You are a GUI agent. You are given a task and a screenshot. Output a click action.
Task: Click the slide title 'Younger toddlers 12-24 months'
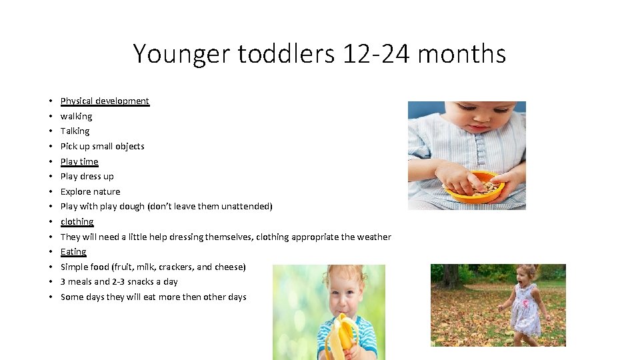[319, 53]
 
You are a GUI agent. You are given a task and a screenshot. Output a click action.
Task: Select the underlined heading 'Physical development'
[105, 101]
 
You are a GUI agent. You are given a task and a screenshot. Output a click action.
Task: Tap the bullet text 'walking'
[76, 116]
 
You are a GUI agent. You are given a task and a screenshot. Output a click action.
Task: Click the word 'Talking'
[75, 131]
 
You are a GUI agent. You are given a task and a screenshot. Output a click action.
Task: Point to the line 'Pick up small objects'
[102, 147]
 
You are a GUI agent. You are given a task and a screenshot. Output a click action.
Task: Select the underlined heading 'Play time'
[79, 161]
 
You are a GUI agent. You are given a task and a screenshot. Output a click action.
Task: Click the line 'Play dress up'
[87, 177]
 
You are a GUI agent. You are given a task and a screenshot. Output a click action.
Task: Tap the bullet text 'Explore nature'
[90, 192]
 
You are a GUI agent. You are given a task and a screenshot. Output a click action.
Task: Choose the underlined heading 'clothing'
[77, 222]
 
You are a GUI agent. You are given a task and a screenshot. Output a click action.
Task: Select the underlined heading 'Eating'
[73, 252]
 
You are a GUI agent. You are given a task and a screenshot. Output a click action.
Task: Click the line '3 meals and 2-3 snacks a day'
[119, 282]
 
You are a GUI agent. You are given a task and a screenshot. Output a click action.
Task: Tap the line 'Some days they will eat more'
[153, 297]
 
